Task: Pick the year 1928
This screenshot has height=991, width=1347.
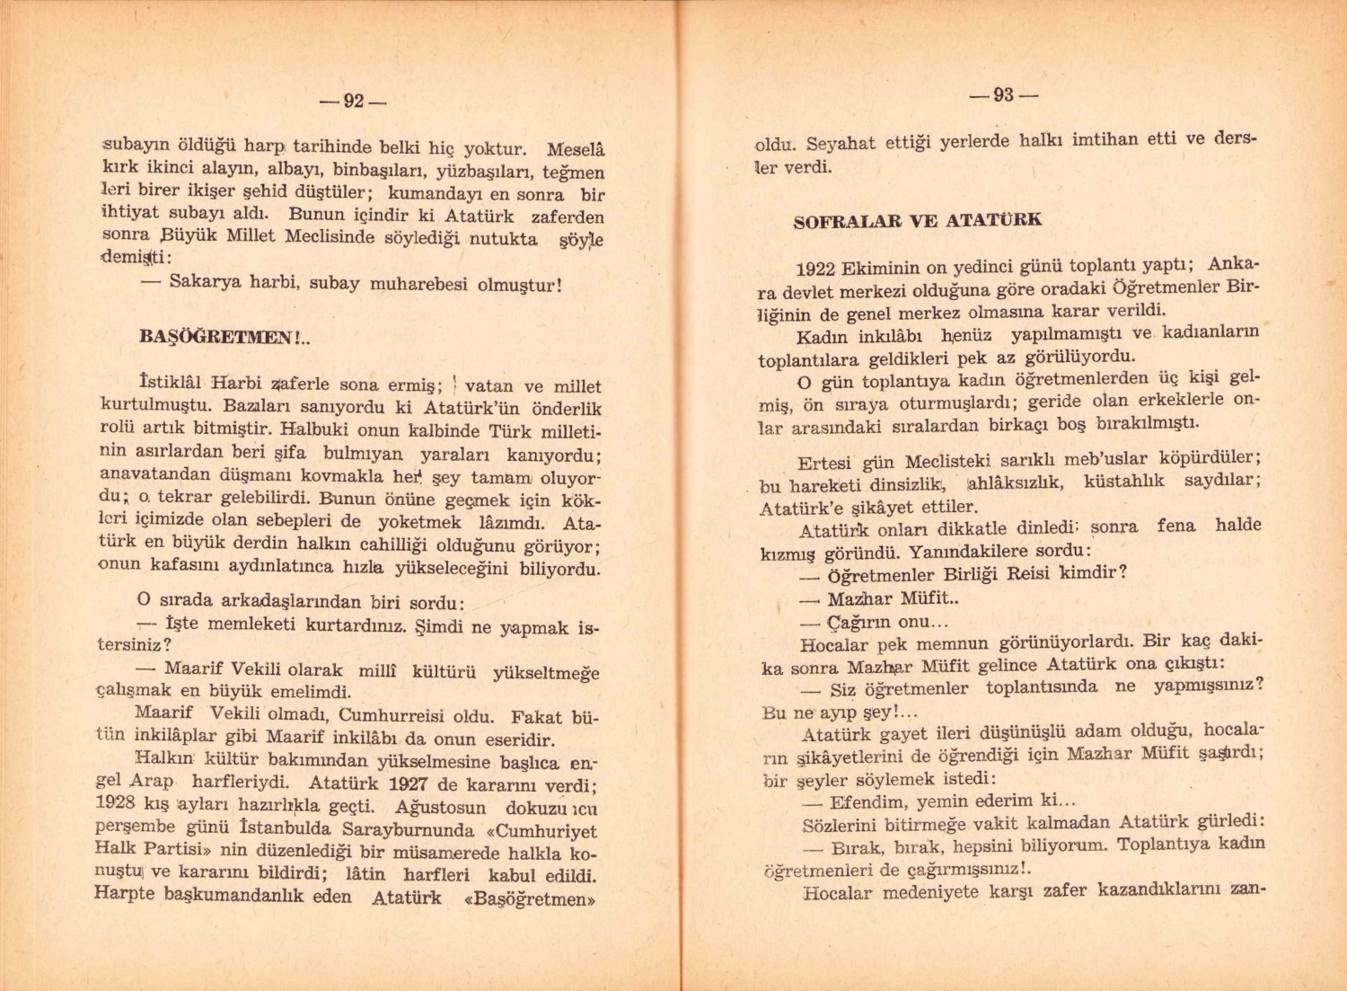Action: [x=115, y=803]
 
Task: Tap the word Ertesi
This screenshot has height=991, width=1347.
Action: [x=823, y=464]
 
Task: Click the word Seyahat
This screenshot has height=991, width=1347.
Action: [x=841, y=143]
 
